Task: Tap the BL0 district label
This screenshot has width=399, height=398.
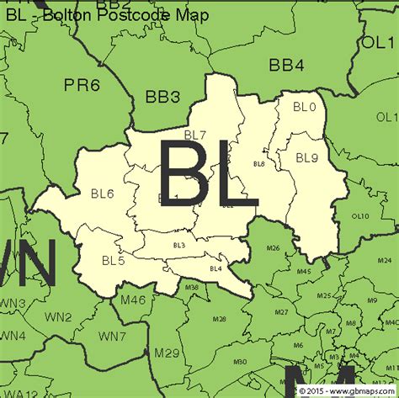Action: pos(304,107)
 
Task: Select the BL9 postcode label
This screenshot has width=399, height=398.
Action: pos(306,157)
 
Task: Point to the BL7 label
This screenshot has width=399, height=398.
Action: pos(195,135)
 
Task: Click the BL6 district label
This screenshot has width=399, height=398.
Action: pos(102,194)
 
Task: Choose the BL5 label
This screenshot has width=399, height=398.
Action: pos(113,260)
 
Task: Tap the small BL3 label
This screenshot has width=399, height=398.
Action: pos(178,245)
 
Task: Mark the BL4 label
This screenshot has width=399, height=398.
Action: pos(215,268)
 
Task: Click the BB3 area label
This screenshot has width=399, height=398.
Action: pos(163,97)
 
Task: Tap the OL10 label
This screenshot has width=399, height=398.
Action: pos(360,215)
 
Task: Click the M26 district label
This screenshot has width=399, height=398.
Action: pos(273,248)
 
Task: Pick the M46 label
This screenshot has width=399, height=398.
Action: pos(133,300)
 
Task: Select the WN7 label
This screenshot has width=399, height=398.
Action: pos(113,336)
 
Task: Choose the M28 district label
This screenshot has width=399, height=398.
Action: pos(219,319)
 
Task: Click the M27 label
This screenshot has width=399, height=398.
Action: pos(282,312)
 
